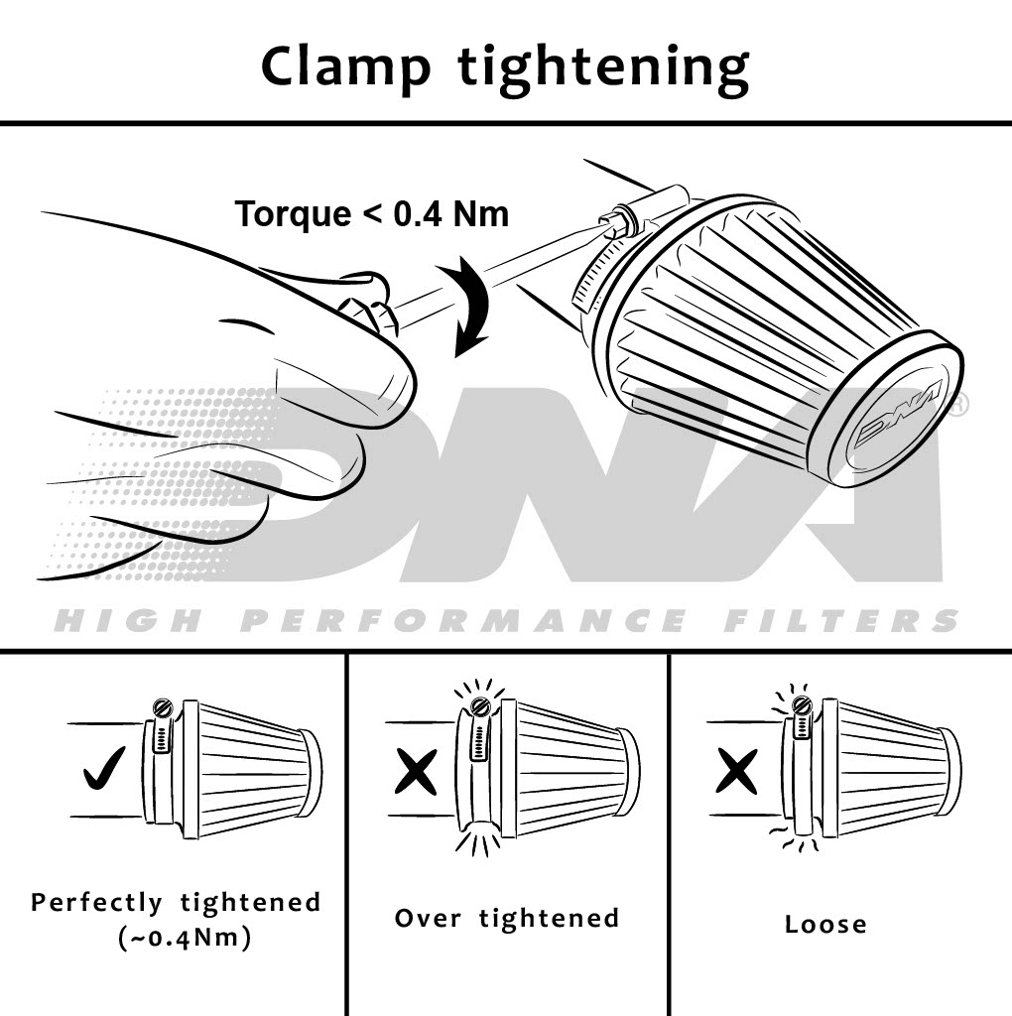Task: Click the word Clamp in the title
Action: pyautogui.click(x=346, y=68)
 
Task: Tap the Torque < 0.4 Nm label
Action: pyautogui.click(x=372, y=213)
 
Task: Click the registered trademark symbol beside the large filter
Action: pyautogui.click(x=959, y=404)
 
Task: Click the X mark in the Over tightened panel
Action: pyautogui.click(x=416, y=770)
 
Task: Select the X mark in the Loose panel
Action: pyautogui.click(x=736, y=771)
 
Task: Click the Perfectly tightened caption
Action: pyautogui.click(x=177, y=903)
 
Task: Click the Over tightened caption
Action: pyautogui.click(x=507, y=918)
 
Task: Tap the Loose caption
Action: pyautogui.click(x=825, y=925)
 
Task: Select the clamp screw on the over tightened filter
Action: pyautogui.click(x=480, y=705)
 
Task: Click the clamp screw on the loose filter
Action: pyautogui.click(x=802, y=705)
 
